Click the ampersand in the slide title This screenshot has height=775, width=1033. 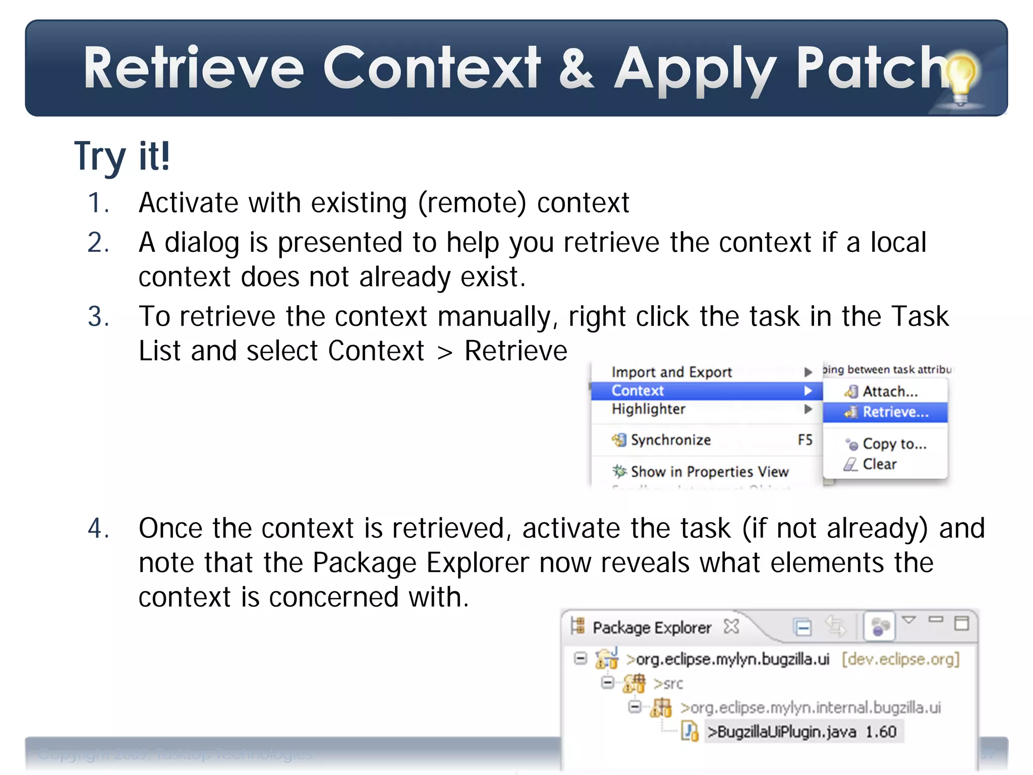(577, 68)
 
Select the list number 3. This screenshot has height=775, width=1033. (98, 317)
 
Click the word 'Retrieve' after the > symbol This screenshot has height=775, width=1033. (515, 351)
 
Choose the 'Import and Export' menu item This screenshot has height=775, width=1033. (671, 372)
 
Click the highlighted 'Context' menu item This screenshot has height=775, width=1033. (638, 391)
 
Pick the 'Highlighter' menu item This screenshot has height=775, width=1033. (648, 409)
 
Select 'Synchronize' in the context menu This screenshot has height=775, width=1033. (670, 440)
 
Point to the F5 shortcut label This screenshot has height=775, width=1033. (805, 440)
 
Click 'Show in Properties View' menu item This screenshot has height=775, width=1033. (709, 472)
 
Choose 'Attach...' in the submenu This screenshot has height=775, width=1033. (890, 392)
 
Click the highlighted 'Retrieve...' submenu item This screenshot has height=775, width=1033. (895, 412)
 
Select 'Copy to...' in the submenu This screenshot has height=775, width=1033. (894, 444)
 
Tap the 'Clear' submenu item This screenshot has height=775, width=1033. (880, 464)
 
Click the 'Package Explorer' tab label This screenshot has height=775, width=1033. (651, 628)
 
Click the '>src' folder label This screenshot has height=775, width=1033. (668, 684)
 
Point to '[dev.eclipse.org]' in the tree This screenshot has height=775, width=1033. (900, 659)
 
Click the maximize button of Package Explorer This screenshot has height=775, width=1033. (961, 624)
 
